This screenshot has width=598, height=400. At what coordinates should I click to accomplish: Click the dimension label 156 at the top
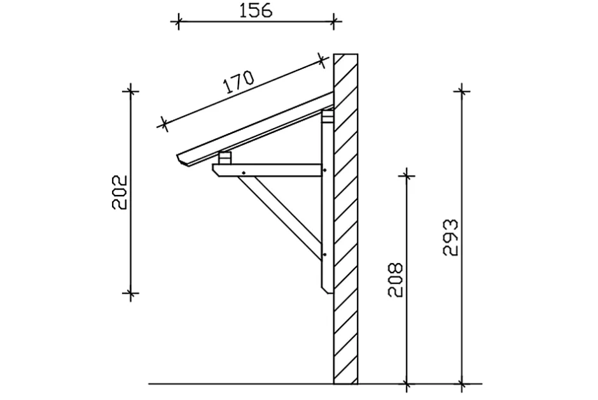coord(256,11)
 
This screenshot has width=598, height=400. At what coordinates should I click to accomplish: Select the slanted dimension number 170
coord(239,82)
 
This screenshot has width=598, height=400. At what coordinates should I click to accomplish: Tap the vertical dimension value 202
coord(120,192)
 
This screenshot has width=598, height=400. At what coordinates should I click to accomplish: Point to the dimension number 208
coord(395,280)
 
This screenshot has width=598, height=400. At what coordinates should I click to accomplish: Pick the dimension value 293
coord(450,238)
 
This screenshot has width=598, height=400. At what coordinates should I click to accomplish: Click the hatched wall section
coord(345,218)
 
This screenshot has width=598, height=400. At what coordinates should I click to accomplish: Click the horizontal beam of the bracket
coord(268,170)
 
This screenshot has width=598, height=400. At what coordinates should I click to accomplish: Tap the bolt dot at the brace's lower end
coord(324,254)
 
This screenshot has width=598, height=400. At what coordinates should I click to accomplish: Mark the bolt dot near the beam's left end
coord(243,173)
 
